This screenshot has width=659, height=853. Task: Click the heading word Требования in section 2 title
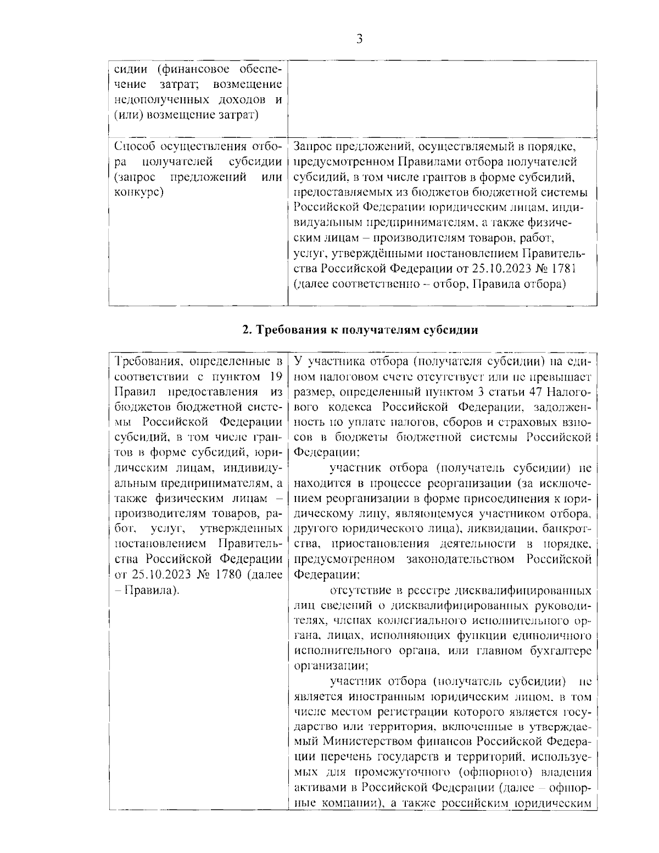pyautogui.click(x=286, y=330)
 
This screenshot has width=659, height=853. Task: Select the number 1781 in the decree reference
pyautogui.click(x=560, y=269)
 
